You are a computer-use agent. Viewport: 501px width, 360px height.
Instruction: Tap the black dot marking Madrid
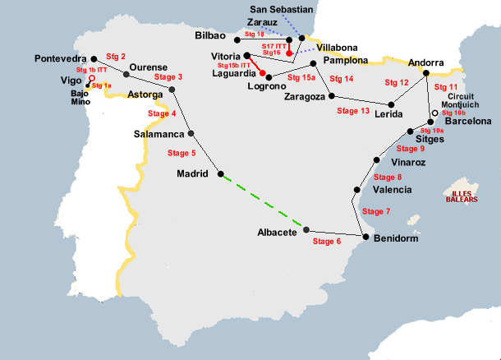(220, 173)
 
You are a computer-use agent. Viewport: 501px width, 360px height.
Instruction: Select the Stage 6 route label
(326, 242)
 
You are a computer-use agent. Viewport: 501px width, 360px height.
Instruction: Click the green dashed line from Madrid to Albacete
(263, 201)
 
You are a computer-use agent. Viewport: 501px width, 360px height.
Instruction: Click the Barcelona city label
(467, 122)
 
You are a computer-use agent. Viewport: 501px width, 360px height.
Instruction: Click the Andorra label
(426, 62)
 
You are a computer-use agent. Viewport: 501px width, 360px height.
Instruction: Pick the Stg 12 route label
(397, 83)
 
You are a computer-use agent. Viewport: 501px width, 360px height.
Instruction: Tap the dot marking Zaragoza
(332, 95)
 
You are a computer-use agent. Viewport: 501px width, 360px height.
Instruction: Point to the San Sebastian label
(281, 9)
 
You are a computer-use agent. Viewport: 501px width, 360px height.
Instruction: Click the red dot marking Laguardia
(269, 76)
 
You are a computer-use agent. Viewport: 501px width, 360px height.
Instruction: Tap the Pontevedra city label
(61, 59)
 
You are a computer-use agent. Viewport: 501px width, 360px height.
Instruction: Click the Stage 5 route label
(182, 153)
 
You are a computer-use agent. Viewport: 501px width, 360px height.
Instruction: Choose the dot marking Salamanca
(191, 133)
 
